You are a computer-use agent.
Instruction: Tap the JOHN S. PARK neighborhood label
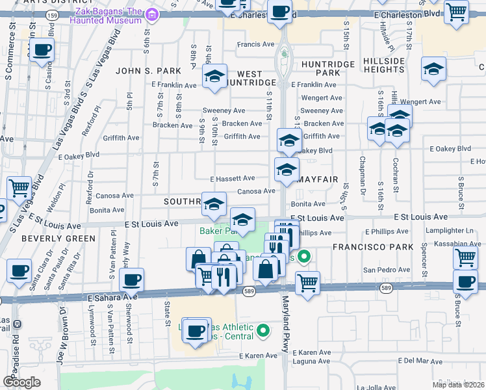148,70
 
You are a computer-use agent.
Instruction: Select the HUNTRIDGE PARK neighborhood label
327,69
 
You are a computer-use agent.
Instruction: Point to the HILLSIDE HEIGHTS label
384,65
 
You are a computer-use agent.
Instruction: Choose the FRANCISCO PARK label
373,247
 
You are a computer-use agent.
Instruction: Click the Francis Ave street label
256,45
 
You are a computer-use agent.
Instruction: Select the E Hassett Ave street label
232,178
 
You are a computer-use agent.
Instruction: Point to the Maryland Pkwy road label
285,325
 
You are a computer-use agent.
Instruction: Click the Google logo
21,382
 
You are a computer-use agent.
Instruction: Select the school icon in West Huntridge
214,77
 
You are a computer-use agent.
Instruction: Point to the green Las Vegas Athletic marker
263,331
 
